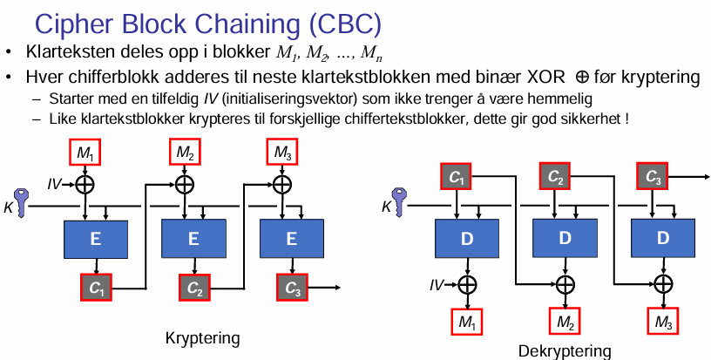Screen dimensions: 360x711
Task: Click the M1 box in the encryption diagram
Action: [x=85, y=153]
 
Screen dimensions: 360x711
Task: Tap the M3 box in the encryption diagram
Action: [x=281, y=153]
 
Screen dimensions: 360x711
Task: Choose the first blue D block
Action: [x=469, y=238]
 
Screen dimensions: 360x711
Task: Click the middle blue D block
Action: [x=565, y=238]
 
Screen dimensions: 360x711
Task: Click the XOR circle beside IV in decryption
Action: [x=469, y=284]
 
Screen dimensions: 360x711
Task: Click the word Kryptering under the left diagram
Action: [x=201, y=336]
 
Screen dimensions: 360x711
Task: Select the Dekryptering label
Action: [x=565, y=350]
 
